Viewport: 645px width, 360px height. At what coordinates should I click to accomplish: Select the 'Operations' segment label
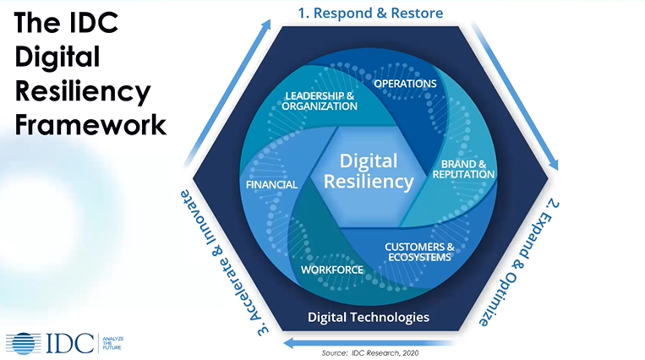point(405,84)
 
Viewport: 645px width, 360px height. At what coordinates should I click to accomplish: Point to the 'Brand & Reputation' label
point(463,168)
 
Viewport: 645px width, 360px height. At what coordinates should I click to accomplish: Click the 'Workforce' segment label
point(332,270)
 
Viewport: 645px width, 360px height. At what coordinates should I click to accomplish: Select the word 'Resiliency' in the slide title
point(83,90)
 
